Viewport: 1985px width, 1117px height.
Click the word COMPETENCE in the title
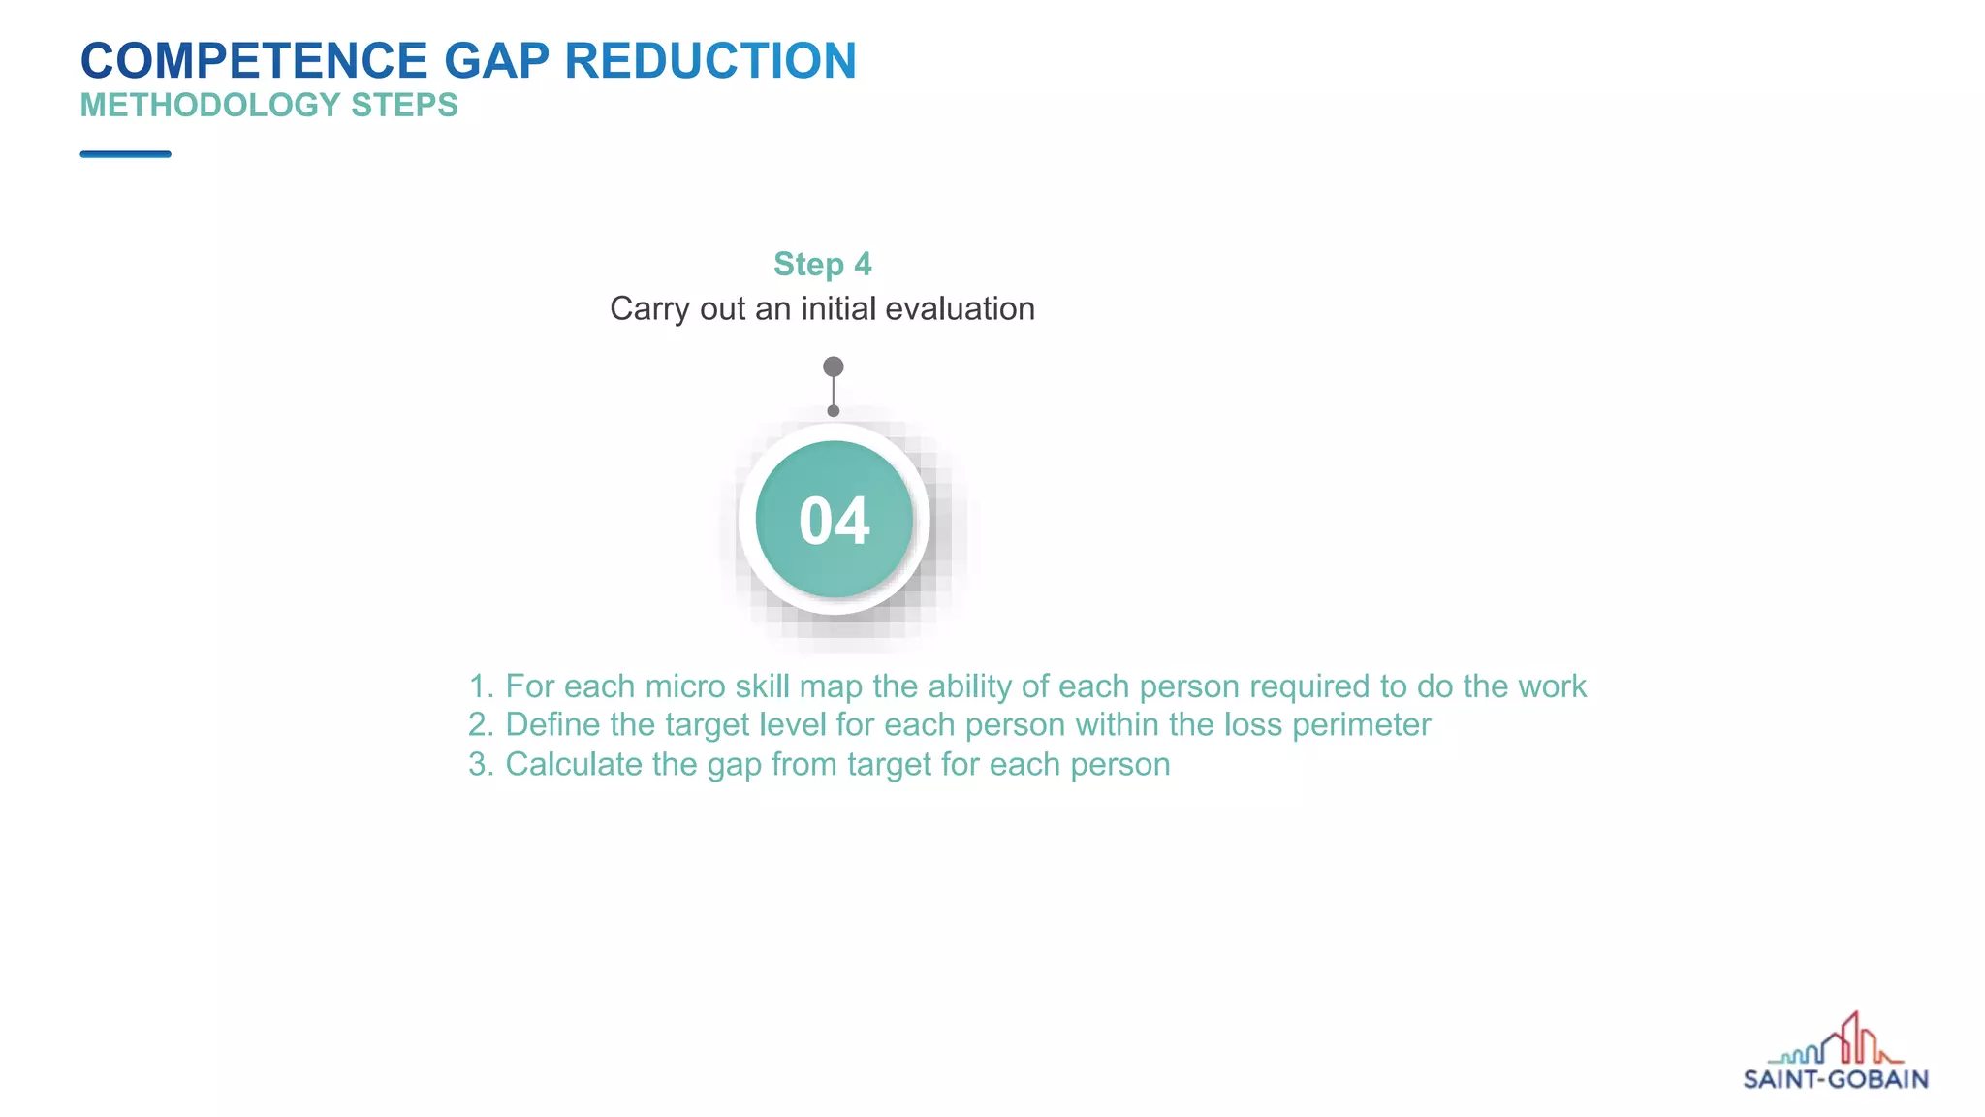click(x=254, y=60)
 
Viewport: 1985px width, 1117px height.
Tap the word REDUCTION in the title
click(x=710, y=60)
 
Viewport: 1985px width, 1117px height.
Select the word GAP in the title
click(x=496, y=60)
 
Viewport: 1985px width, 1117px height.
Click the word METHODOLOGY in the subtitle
click(x=210, y=105)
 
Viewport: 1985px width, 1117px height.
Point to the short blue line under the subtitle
click(x=125, y=154)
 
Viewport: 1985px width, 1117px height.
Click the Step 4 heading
click(x=822, y=264)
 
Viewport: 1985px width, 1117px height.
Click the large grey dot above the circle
click(x=834, y=367)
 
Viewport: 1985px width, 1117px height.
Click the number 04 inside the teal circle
click(x=834, y=521)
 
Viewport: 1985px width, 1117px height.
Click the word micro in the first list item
click(x=685, y=686)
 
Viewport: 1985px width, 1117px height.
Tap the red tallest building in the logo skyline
click(x=1851, y=1036)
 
